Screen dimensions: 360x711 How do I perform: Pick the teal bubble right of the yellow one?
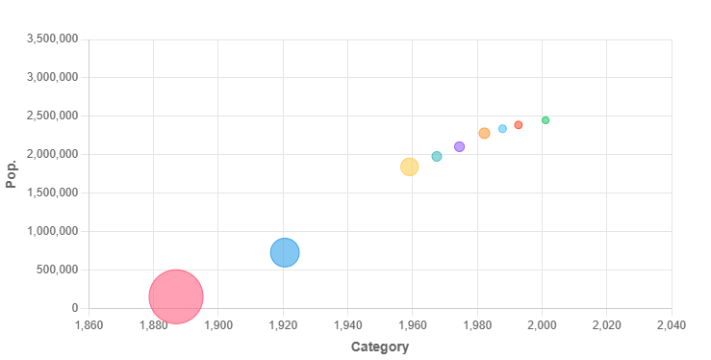tap(437, 156)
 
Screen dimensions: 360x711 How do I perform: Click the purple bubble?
tap(459, 146)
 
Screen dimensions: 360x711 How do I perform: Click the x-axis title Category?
tap(379, 347)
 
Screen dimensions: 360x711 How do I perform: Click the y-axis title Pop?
tap(12, 173)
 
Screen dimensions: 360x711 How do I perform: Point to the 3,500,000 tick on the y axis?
tap(51, 39)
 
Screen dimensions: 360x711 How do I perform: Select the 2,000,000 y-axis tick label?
tap(51, 154)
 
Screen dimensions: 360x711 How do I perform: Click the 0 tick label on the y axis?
tap(73, 308)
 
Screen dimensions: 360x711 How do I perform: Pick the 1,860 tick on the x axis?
tap(89, 324)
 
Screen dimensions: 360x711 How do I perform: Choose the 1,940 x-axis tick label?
tap(347, 324)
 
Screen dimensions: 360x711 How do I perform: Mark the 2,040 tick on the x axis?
tap(671, 324)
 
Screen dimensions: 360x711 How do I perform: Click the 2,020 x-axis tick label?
tap(606, 324)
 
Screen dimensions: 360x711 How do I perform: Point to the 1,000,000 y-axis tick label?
tap(51, 231)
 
